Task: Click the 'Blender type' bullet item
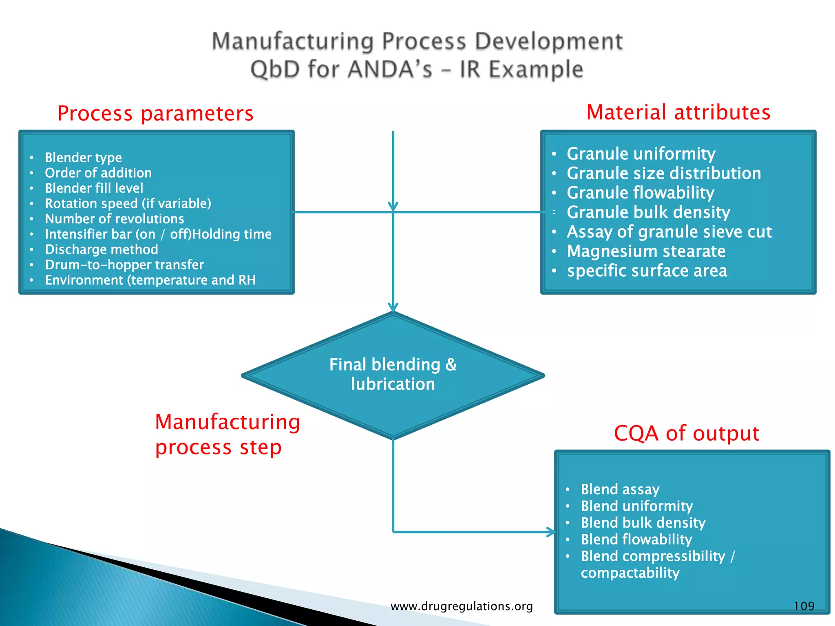click(x=83, y=158)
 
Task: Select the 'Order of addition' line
click(x=98, y=173)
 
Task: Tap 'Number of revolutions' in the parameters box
click(x=115, y=219)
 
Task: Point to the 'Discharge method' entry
click(x=102, y=249)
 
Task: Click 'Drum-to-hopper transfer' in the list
click(x=124, y=265)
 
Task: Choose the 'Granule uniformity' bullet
click(x=641, y=154)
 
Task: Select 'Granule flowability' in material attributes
click(x=641, y=193)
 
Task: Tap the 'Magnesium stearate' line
click(x=646, y=251)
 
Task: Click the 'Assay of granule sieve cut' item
click(x=669, y=232)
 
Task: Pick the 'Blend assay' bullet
click(x=620, y=489)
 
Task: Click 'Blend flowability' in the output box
click(x=636, y=540)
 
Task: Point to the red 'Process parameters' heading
click(x=155, y=113)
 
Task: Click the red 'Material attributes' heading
click(x=678, y=112)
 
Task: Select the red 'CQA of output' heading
click(x=687, y=433)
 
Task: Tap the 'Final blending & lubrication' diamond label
click(x=393, y=374)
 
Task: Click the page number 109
click(x=804, y=606)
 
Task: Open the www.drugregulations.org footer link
click(x=462, y=606)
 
